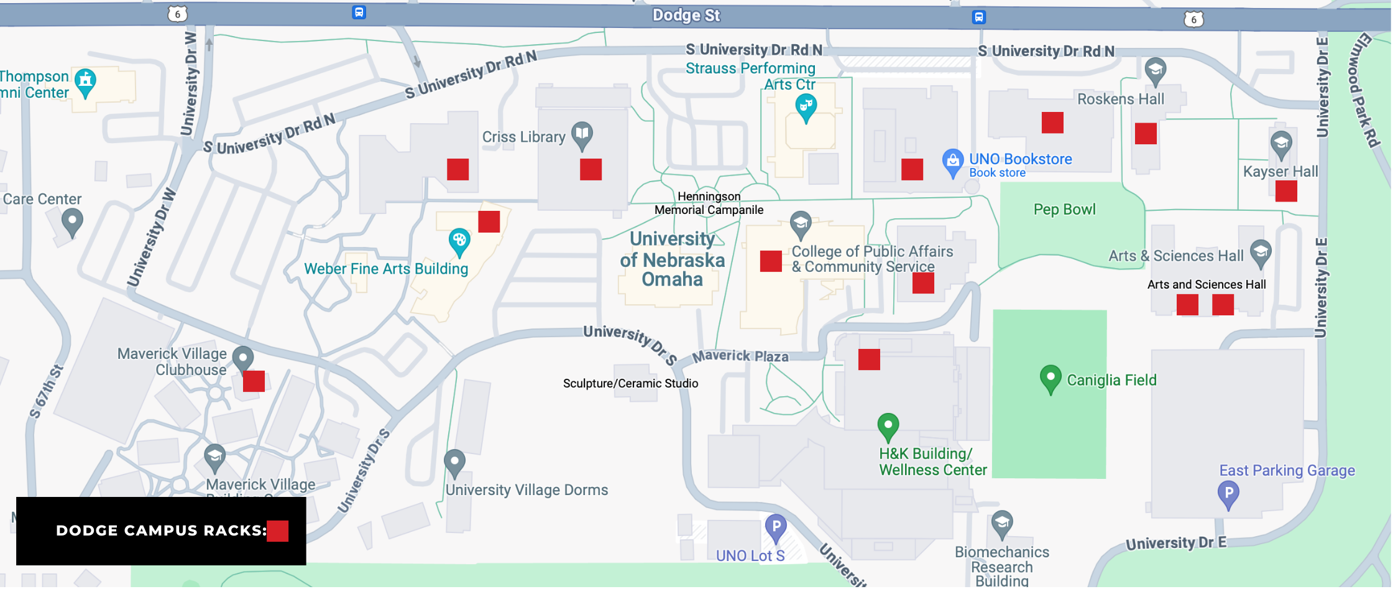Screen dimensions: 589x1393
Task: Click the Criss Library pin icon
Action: [x=582, y=134]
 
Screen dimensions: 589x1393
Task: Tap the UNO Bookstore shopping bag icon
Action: [x=952, y=162]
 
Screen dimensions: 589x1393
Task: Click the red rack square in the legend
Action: [x=277, y=531]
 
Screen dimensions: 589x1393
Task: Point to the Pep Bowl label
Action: [x=1064, y=210]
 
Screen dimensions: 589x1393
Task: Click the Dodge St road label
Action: [x=686, y=16]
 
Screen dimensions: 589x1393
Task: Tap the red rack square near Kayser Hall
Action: [x=1285, y=191]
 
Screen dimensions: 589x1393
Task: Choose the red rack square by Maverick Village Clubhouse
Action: [x=254, y=381]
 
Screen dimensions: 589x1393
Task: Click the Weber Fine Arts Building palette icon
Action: [x=459, y=241]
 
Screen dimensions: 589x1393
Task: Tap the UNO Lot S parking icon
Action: [x=775, y=527]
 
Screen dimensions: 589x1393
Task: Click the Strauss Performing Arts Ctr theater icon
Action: [x=806, y=106]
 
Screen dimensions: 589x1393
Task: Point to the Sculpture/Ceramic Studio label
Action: [x=630, y=383]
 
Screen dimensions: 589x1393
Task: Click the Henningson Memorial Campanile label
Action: [x=709, y=203]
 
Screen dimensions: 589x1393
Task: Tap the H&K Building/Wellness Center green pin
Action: [x=888, y=426]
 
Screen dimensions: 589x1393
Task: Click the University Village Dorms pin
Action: [x=454, y=462]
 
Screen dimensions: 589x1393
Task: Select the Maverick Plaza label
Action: [x=740, y=356]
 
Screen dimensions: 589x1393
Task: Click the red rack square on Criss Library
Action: [x=591, y=169]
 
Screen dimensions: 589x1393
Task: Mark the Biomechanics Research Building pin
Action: [x=1001, y=524]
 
